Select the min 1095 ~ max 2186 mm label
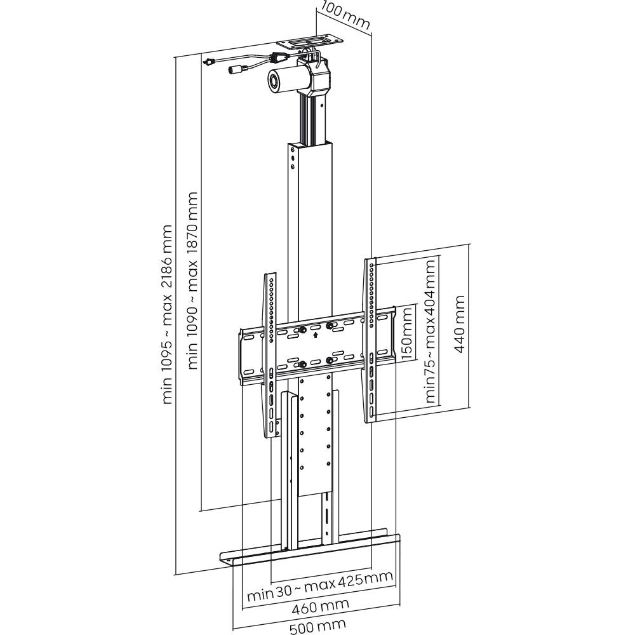(168, 314)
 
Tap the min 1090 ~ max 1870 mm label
(193, 280)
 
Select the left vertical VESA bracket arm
(271, 356)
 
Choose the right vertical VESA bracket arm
(370, 340)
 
